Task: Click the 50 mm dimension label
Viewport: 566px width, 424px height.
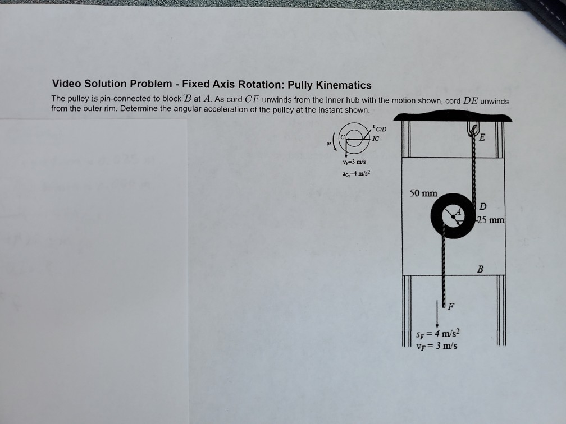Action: point(423,193)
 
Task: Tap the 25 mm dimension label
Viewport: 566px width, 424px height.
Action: point(491,220)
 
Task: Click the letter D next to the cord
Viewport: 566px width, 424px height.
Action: point(482,207)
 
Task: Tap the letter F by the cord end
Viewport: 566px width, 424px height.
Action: point(450,307)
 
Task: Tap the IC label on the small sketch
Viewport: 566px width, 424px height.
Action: point(376,138)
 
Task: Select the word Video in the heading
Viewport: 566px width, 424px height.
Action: point(66,84)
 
